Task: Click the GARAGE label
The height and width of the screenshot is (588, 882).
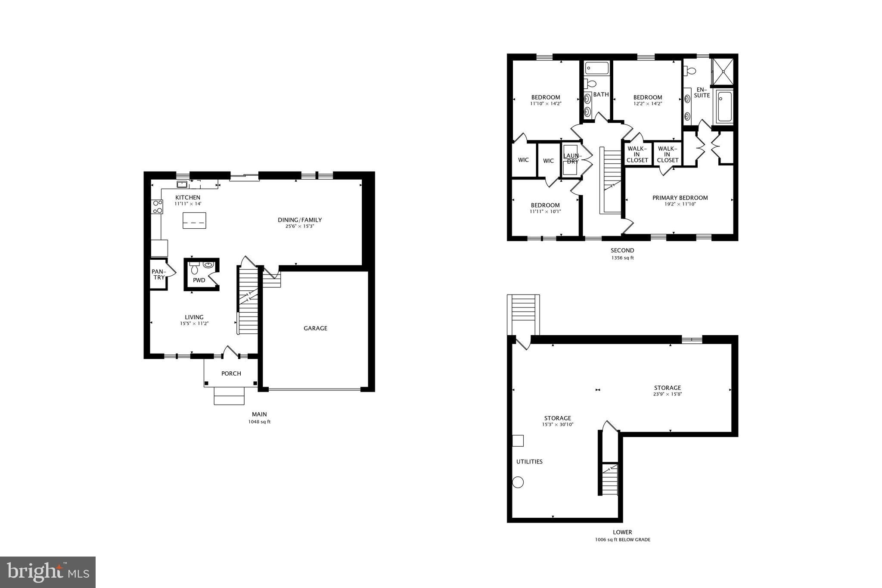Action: click(315, 328)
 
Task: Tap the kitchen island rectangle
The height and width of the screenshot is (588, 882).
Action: click(194, 221)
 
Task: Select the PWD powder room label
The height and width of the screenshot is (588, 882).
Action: click(199, 280)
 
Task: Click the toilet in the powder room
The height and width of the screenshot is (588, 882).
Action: click(194, 269)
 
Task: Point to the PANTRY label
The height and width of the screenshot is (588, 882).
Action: click(158, 274)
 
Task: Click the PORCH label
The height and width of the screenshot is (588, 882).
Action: click(231, 373)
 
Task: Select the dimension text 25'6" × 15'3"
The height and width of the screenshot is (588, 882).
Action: click(299, 226)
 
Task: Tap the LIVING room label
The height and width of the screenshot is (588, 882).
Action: click(194, 317)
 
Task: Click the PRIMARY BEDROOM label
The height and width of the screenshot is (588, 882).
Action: click(680, 198)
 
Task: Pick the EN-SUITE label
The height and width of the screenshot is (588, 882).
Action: click(702, 92)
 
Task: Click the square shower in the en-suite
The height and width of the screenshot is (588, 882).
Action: click(722, 72)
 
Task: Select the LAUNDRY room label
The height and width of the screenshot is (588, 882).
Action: click(572, 159)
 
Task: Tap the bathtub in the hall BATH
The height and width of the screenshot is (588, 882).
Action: click(597, 68)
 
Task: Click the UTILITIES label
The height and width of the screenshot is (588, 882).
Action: click(529, 462)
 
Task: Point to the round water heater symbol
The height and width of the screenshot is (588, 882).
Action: click(518, 482)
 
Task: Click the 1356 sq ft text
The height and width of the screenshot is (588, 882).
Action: click(622, 258)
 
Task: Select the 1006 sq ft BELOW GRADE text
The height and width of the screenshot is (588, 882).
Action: click(622, 540)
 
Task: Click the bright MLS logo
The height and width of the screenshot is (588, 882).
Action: click(48, 572)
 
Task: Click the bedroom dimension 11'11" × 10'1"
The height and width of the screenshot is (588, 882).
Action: click(545, 212)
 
